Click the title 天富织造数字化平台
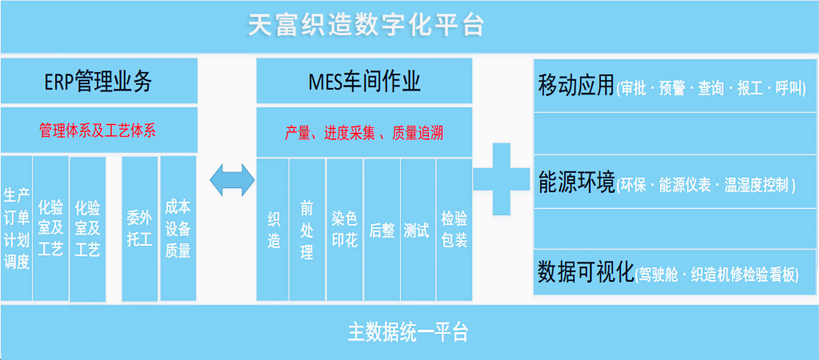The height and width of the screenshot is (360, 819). (x=366, y=26)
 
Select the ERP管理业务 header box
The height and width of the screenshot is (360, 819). (x=99, y=82)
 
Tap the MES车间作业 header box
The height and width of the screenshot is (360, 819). (x=364, y=82)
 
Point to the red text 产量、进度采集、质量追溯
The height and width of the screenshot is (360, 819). (x=364, y=133)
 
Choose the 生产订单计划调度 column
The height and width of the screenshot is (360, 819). (x=16, y=228)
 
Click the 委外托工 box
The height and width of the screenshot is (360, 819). (x=140, y=228)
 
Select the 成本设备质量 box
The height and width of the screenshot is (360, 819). (x=178, y=228)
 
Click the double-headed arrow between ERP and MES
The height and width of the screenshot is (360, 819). (x=232, y=180)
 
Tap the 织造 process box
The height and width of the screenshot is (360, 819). (x=273, y=230)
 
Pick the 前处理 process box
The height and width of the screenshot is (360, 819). (x=306, y=230)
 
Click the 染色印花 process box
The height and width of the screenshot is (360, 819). (x=345, y=230)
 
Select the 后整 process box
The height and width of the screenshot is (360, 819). (x=382, y=231)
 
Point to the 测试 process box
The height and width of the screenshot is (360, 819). (x=417, y=231)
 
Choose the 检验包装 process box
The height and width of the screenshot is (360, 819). (x=454, y=230)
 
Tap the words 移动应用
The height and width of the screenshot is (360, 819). (x=576, y=86)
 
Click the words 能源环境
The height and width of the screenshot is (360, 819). (x=576, y=183)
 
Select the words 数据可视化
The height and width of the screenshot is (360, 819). (x=586, y=272)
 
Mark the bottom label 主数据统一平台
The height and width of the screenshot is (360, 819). (x=408, y=332)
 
